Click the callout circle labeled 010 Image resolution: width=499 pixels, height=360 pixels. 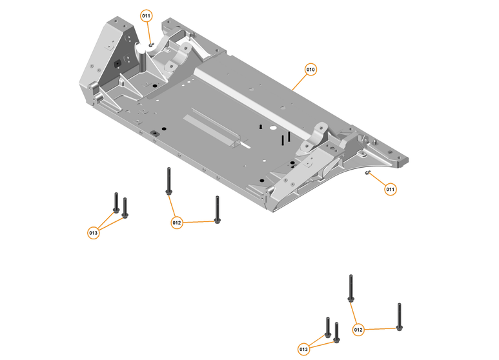pyautogui.click(x=311, y=69)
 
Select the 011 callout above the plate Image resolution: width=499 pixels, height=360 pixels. pyautogui.click(x=147, y=15)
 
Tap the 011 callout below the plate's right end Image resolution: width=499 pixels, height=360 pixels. pyautogui.click(x=391, y=190)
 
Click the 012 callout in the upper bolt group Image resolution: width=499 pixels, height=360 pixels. pyautogui.click(x=177, y=223)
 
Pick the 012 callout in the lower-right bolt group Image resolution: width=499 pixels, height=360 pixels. pyautogui.click(x=359, y=330)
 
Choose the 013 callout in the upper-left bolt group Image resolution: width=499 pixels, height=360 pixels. pyautogui.click(x=94, y=232)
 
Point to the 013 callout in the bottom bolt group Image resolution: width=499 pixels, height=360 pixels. pyautogui.click(x=304, y=349)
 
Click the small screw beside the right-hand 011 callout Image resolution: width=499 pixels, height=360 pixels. pyautogui.click(x=368, y=174)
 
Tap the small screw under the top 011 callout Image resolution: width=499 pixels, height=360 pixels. pyautogui.click(x=151, y=45)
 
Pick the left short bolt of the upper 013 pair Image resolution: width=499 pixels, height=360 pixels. pyautogui.click(x=116, y=203)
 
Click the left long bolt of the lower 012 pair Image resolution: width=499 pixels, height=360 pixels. pyautogui.click(x=351, y=288)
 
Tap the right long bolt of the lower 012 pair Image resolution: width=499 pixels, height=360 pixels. pyautogui.click(x=400, y=317)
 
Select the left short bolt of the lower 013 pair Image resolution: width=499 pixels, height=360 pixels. pyautogui.click(x=328, y=328)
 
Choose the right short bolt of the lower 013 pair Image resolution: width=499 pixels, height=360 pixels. pyautogui.click(x=337, y=332)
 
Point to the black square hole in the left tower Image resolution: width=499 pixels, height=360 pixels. pyautogui.click(x=117, y=64)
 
